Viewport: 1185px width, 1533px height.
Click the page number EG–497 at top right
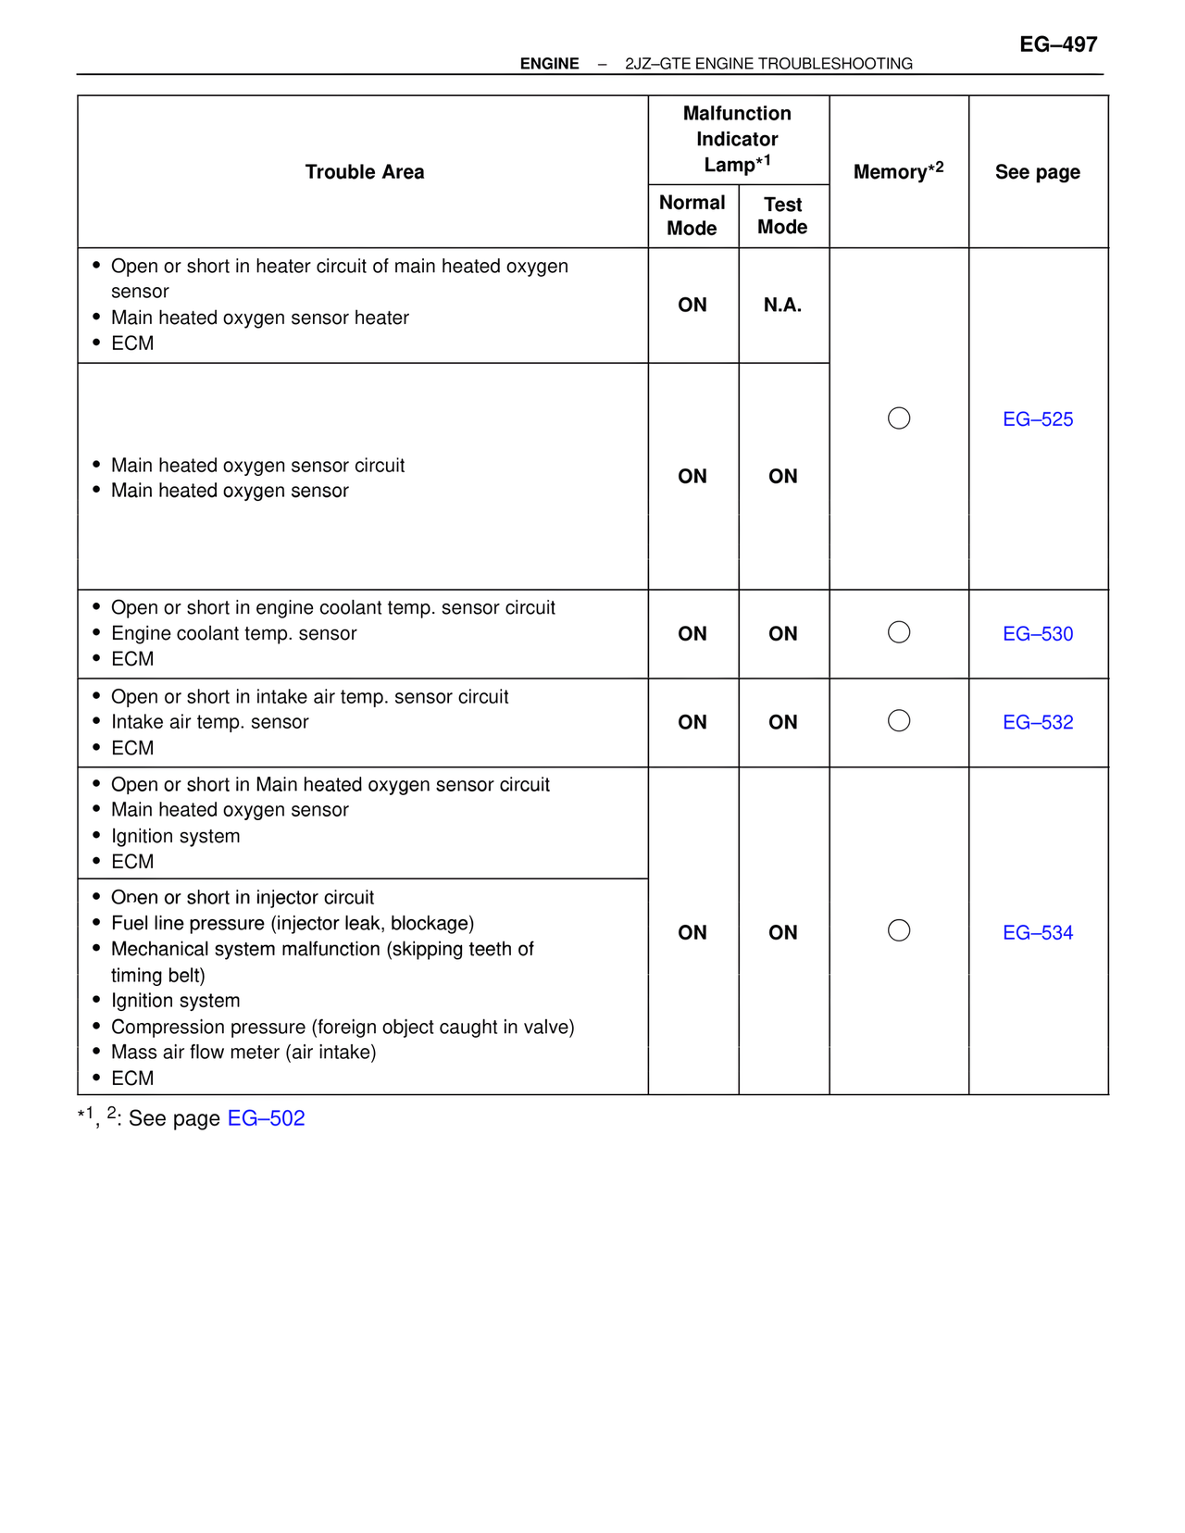[x=1057, y=44]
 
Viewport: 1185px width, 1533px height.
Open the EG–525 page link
[x=1038, y=419]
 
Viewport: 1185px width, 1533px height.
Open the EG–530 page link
[x=1038, y=634]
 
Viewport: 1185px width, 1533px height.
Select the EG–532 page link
[x=1038, y=722]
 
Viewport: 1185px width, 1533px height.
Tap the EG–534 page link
[x=1038, y=932]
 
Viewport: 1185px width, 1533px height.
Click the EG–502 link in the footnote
[x=266, y=1118]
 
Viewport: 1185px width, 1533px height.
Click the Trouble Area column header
[x=365, y=172]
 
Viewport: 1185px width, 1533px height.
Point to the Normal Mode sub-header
[x=692, y=216]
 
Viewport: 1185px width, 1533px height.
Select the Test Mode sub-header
[x=782, y=216]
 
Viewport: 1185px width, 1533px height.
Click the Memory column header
[x=898, y=171]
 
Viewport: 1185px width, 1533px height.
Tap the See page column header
[x=1038, y=172]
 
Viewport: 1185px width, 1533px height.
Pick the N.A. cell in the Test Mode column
[x=782, y=305]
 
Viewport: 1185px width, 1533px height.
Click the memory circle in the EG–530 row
[x=899, y=632]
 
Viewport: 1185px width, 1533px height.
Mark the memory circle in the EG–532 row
[x=899, y=720]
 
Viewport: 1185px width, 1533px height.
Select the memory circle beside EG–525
[x=899, y=418]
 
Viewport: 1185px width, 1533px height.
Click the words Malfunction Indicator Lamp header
[x=737, y=139]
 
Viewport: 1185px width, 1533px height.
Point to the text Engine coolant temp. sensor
[x=233, y=633]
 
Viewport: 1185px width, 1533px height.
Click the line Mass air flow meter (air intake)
[x=243, y=1052]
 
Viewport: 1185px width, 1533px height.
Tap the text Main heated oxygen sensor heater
[x=259, y=318]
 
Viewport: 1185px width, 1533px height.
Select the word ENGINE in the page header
[x=549, y=64]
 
